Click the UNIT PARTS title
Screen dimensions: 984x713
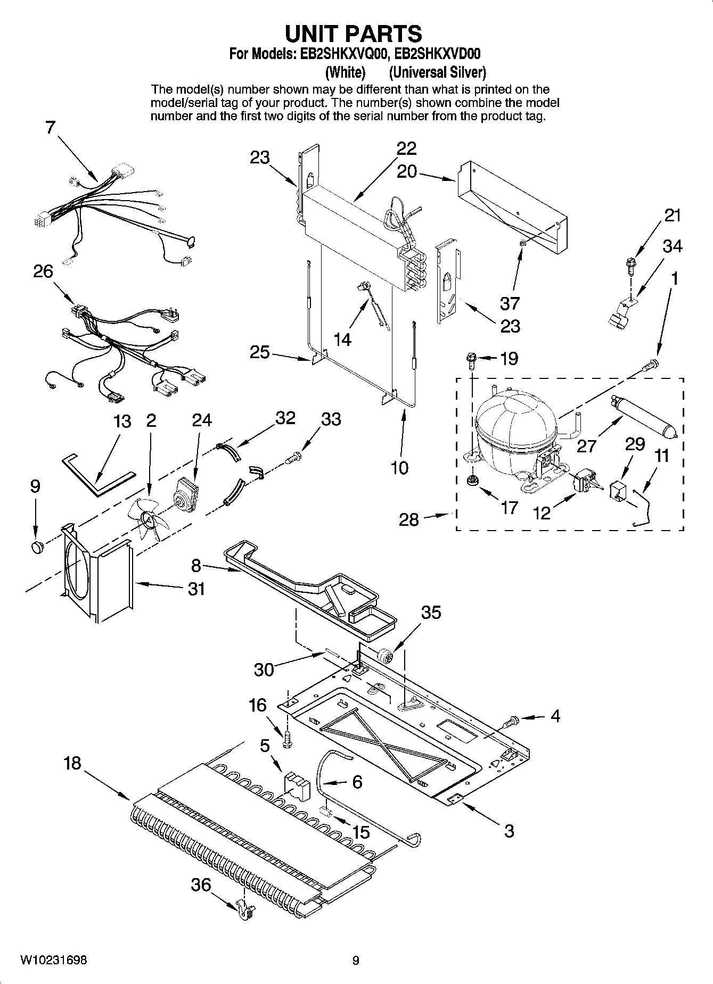click(x=354, y=34)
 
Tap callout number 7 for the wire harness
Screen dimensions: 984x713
click(x=50, y=128)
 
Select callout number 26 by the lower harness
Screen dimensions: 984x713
click(x=43, y=271)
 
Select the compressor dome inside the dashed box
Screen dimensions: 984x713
click(x=514, y=420)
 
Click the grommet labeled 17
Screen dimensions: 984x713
click(x=471, y=482)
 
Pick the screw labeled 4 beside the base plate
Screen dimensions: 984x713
click(x=510, y=722)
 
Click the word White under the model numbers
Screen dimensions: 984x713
click(x=345, y=72)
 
